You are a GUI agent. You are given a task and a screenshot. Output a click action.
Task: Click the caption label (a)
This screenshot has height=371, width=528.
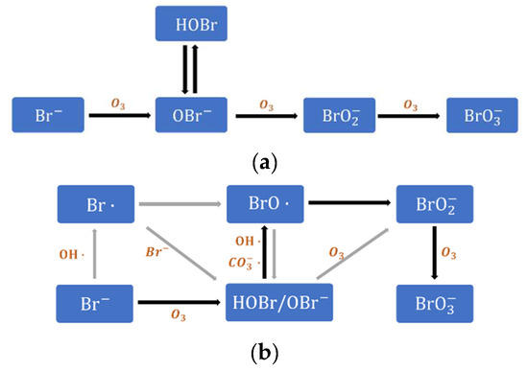(x=263, y=162)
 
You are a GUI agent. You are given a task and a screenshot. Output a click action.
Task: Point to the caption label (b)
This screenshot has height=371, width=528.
(x=263, y=353)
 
